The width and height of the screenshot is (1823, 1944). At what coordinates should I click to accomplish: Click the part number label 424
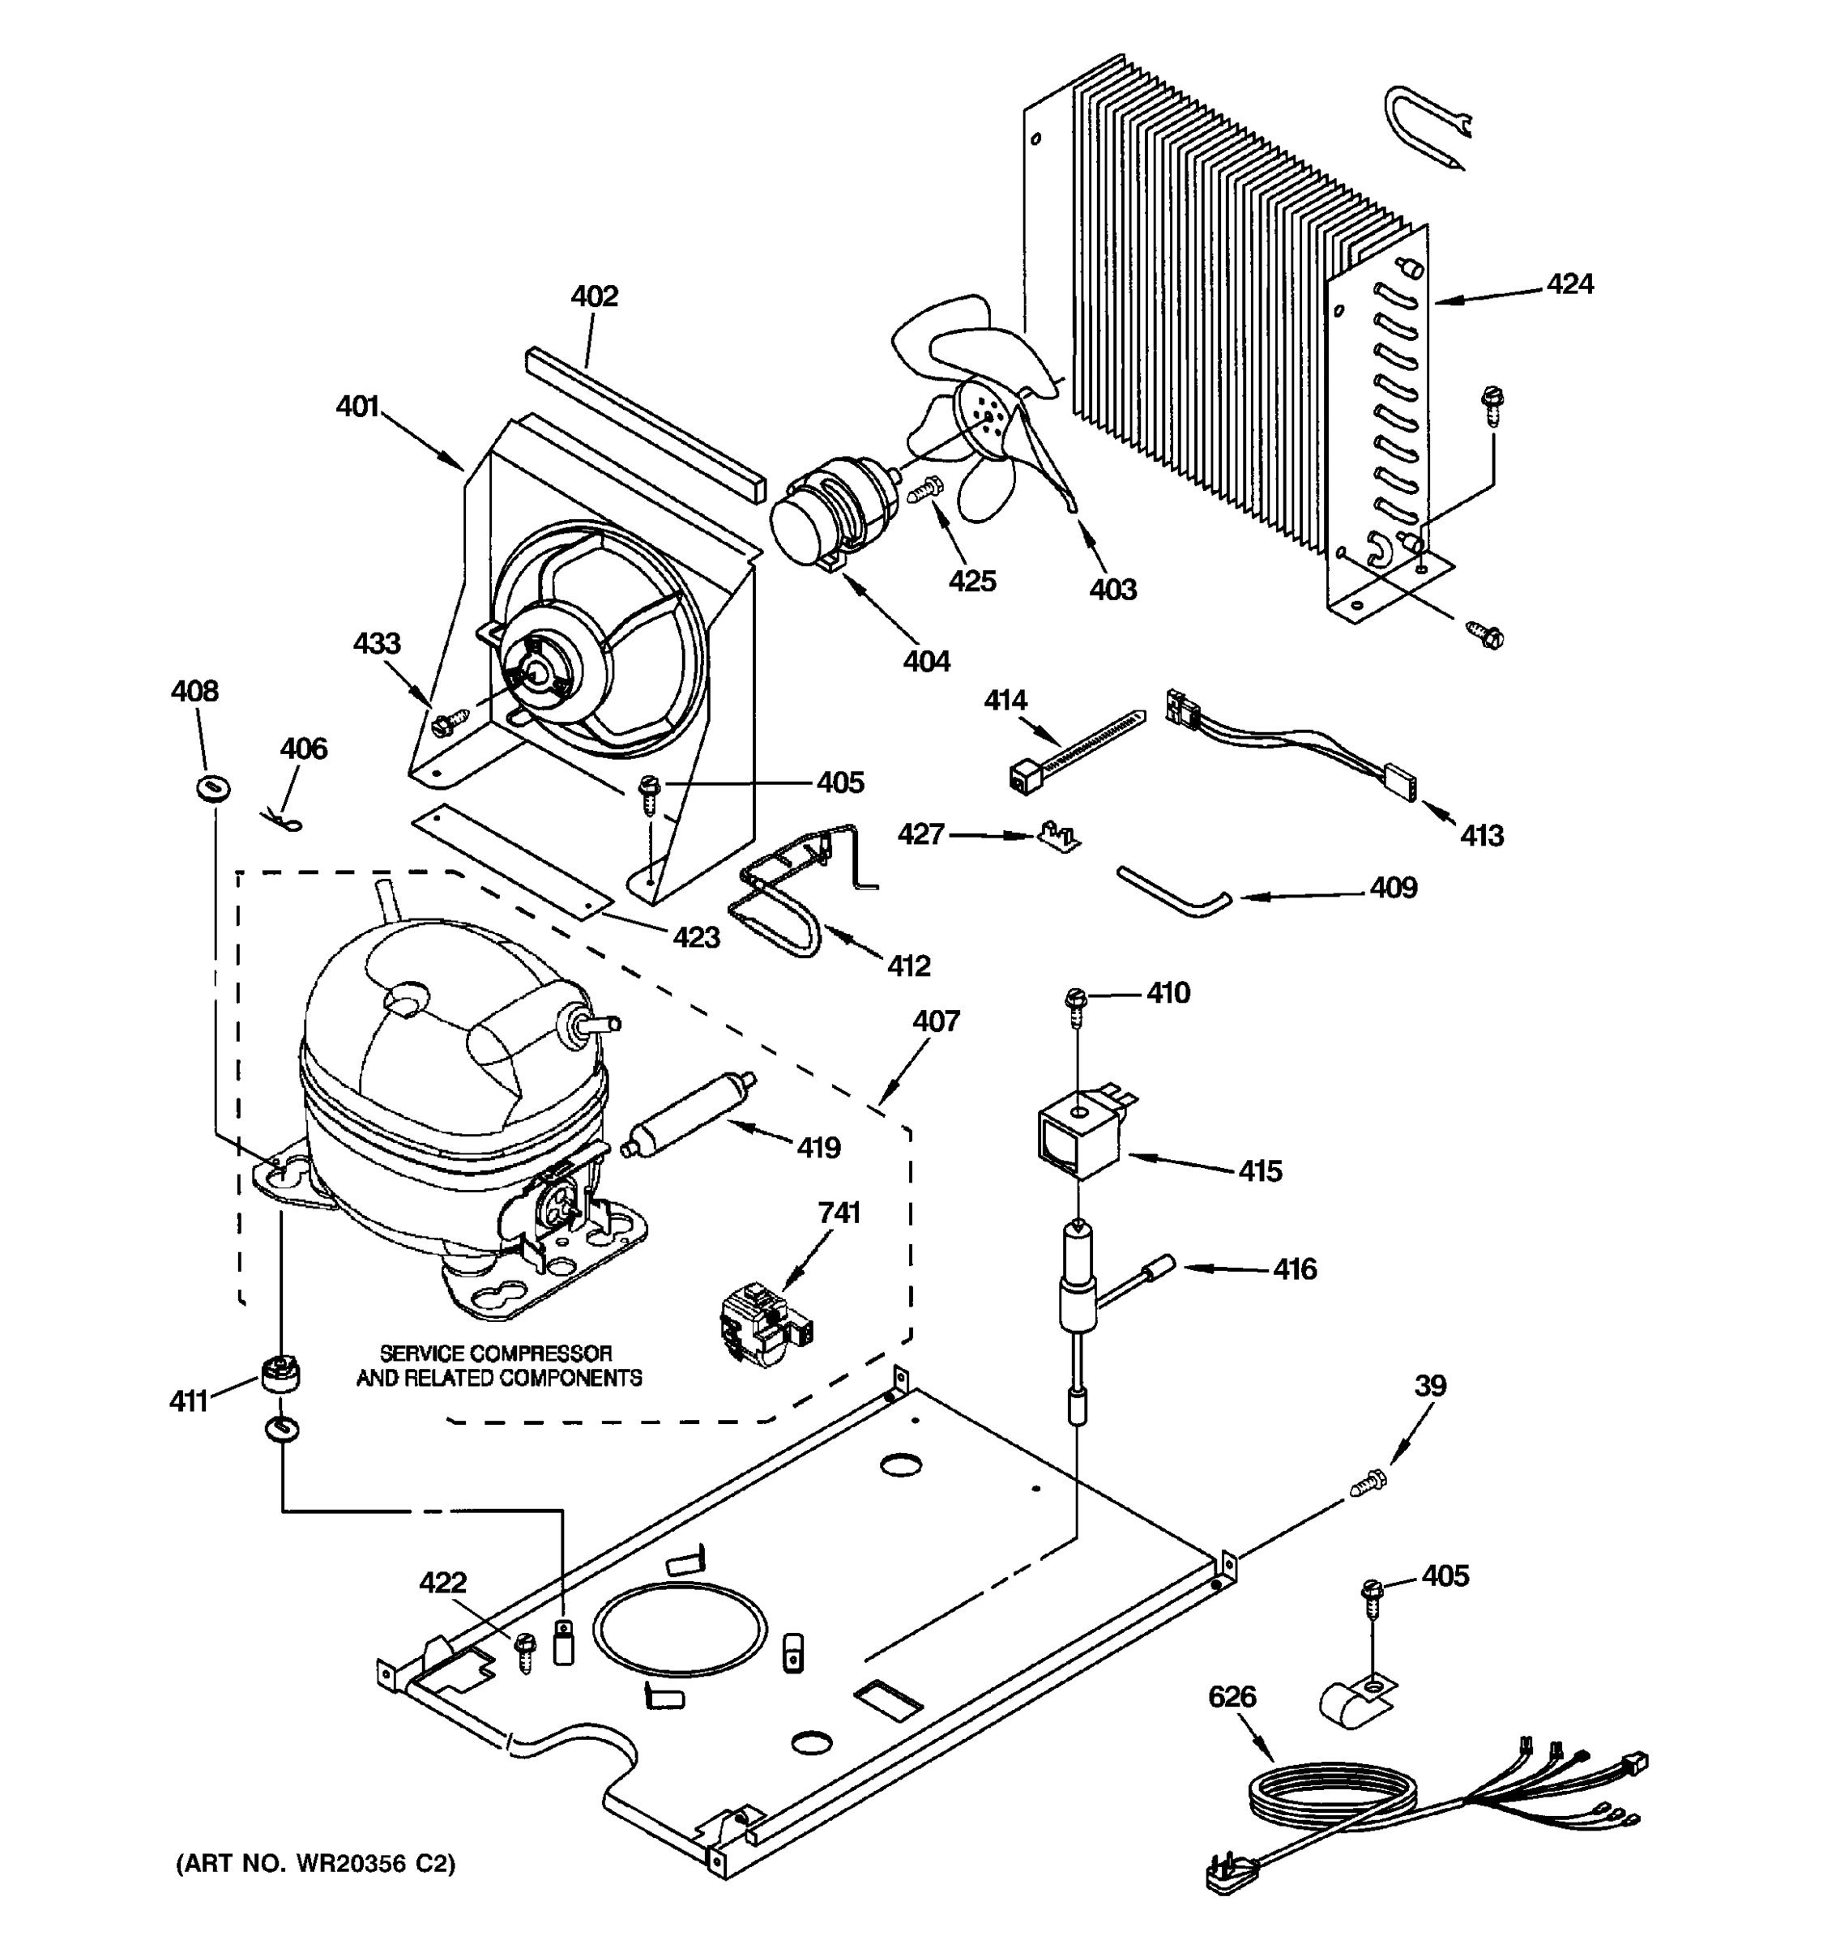tap(1569, 284)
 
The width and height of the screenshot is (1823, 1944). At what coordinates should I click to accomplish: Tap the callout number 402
tap(595, 296)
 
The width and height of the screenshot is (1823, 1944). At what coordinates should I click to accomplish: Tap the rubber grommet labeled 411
tap(280, 1374)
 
